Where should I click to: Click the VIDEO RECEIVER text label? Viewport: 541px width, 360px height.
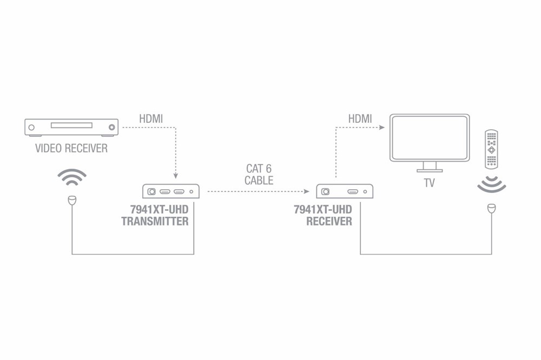71,148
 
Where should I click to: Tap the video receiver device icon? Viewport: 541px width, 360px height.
71,128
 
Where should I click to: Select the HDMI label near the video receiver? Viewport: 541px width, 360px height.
151,118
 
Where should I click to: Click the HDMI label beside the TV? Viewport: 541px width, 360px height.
360,118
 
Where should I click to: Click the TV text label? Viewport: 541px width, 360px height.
429,183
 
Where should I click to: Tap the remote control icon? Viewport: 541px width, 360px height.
491,149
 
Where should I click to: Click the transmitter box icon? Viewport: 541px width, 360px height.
171,191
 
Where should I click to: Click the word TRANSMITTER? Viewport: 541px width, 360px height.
155,221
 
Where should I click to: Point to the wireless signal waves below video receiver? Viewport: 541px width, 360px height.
72,177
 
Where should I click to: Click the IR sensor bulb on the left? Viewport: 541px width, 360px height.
72,201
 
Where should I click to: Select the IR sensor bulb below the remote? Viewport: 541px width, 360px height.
491,208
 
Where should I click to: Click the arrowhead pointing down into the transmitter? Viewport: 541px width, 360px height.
175,176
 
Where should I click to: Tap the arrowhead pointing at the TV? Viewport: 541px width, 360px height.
382,128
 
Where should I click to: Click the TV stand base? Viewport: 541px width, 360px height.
430,170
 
